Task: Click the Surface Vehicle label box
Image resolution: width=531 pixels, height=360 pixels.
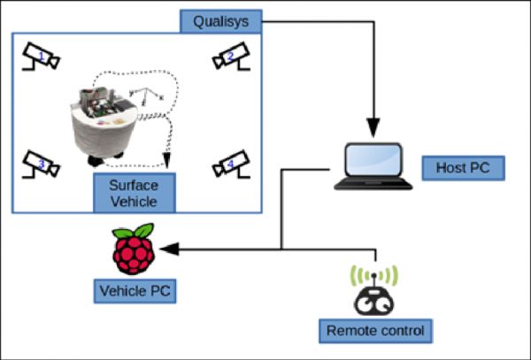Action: click(135, 194)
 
